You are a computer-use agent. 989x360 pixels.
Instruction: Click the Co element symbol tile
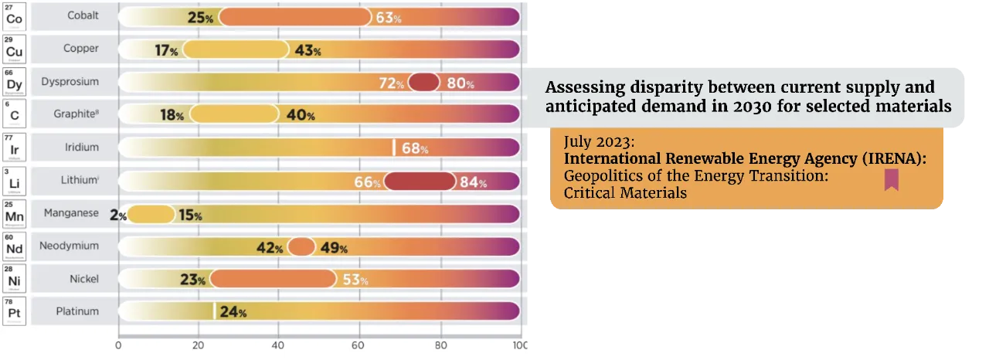pyautogui.click(x=14, y=15)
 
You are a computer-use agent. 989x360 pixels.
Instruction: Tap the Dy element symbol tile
pyautogui.click(x=14, y=81)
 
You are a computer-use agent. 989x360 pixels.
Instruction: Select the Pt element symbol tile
pyautogui.click(x=14, y=311)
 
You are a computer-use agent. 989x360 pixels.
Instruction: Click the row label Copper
pyautogui.click(x=81, y=49)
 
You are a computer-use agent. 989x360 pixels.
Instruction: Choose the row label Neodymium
pyautogui.click(x=70, y=246)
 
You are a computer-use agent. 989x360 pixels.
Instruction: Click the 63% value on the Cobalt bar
pyautogui.click(x=389, y=17)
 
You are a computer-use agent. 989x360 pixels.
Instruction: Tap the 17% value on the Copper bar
pyautogui.click(x=166, y=50)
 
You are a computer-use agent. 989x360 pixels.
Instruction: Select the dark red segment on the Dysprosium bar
pyautogui.click(x=423, y=82)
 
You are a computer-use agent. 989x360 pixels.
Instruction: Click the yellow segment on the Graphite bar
pyautogui.click(x=233, y=114)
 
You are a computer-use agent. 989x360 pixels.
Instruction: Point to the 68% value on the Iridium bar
pyautogui.click(x=415, y=148)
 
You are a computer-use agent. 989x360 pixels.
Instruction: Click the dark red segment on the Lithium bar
pyautogui.click(x=420, y=182)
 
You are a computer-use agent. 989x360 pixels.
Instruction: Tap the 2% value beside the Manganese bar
pyautogui.click(x=118, y=216)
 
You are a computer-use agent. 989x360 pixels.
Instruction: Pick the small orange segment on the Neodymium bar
pyautogui.click(x=301, y=247)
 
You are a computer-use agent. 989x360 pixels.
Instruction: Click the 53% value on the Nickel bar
pyautogui.click(x=356, y=280)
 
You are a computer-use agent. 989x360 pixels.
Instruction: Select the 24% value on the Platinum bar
pyautogui.click(x=233, y=313)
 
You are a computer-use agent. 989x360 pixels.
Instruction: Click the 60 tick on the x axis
pyautogui.click(x=359, y=345)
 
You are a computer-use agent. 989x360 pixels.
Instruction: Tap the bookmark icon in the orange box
pyautogui.click(x=892, y=180)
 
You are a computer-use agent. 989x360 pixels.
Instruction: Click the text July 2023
pyautogui.click(x=599, y=143)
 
